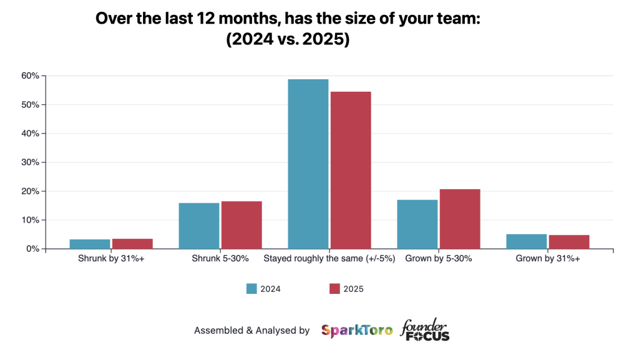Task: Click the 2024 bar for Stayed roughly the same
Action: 308,163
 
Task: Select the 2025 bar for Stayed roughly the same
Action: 351,170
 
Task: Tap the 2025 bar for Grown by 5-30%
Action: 460,218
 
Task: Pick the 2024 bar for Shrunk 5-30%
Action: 199,226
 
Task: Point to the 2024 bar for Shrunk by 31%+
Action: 90,244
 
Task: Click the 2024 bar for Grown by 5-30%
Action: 417,224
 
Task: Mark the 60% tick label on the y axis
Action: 31,76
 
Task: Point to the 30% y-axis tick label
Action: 31,162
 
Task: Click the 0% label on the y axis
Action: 32,249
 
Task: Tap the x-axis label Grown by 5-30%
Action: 438,258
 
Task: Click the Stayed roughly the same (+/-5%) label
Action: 329,258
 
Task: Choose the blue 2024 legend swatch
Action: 252,288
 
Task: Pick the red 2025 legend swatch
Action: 334,288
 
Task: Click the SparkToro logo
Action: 357,331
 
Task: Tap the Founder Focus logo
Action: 424,330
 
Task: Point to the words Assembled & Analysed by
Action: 251,331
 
